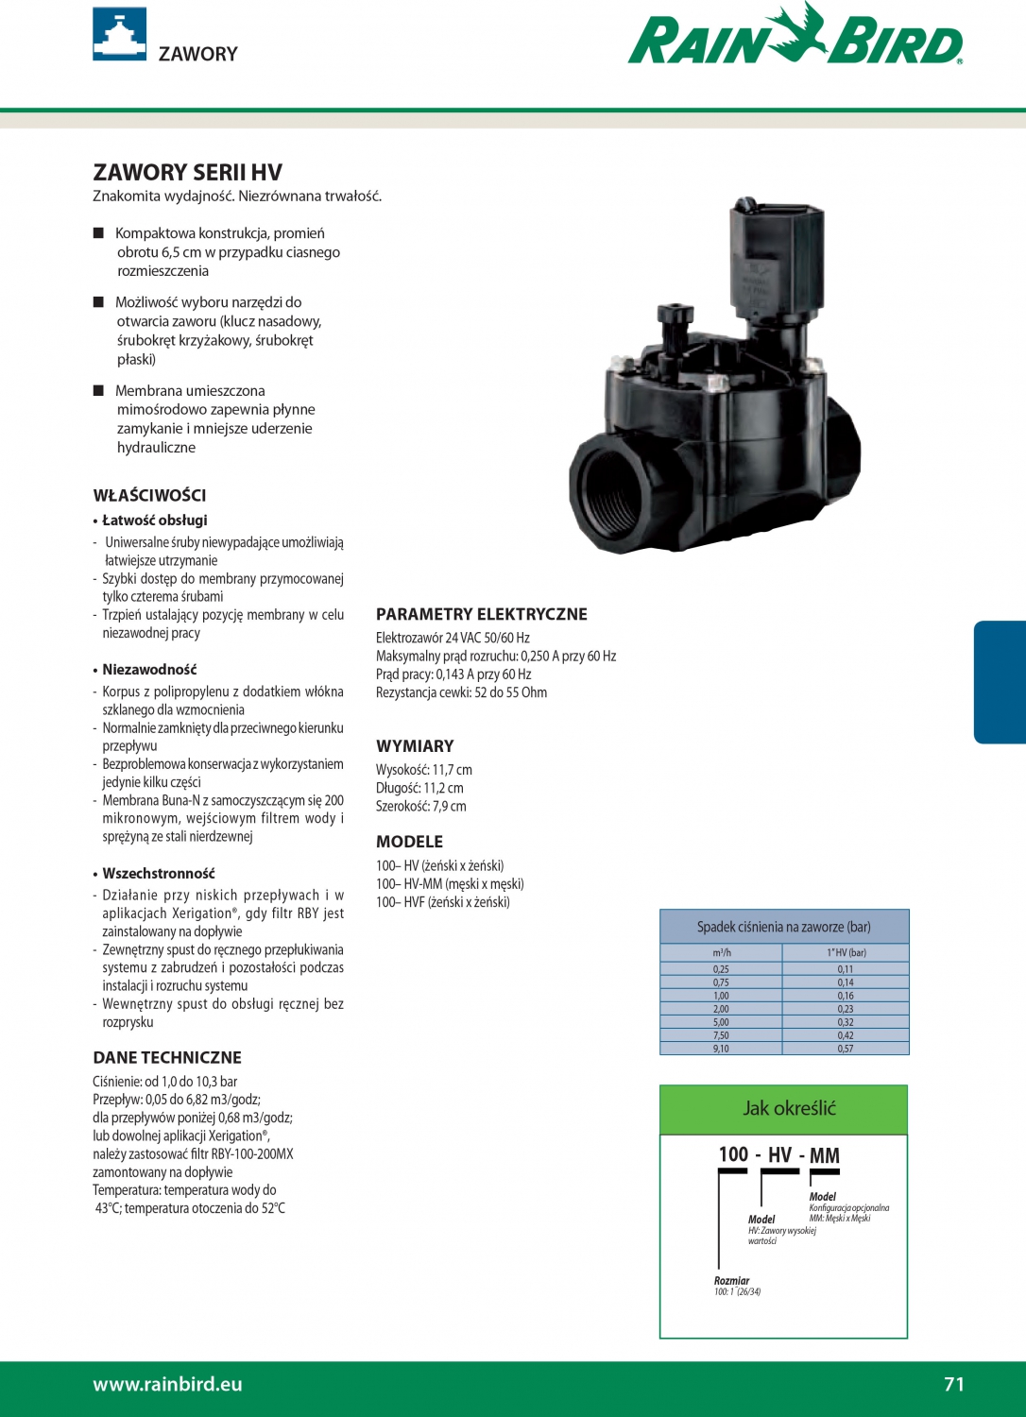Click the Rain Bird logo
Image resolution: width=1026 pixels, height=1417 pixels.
pos(795,38)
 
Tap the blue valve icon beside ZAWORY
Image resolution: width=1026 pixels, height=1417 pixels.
pos(119,34)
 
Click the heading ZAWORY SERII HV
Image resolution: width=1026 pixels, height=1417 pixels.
pos(187,173)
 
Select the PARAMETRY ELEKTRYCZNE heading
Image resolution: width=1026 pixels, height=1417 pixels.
pos(481,615)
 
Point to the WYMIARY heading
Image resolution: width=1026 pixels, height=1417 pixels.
pos(415,746)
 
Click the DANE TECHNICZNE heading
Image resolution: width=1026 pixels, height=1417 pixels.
pos(167,1058)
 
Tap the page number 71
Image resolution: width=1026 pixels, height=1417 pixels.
pos(954,1384)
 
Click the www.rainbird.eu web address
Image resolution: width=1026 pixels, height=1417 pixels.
pos(167,1384)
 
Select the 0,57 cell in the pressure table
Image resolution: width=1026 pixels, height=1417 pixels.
pos(845,1049)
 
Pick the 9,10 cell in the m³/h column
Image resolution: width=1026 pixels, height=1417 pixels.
pos(721,1049)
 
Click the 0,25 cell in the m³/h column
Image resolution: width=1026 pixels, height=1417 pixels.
pos(721,969)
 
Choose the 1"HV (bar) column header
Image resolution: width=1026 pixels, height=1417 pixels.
pos(846,952)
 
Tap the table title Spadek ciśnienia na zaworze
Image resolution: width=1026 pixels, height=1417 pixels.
pos(783,927)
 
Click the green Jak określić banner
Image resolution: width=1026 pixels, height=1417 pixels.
pos(783,1109)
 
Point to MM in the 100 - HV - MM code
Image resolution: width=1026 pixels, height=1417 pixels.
pos(824,1155)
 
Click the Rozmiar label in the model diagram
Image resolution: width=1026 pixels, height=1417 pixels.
pos(731,1281)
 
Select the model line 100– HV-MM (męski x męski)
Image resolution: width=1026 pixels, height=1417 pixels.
pos(450,884)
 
